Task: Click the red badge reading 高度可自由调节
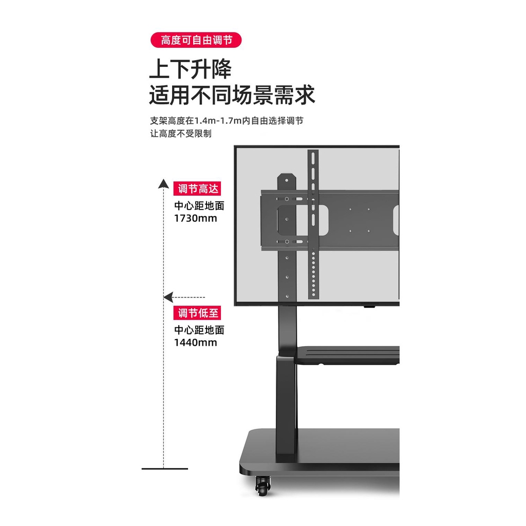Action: (x=196, y=40)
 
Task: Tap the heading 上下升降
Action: (x=190, y=69)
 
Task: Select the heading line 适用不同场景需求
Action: (x=232, y=95)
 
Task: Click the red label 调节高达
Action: (x=197, y=189)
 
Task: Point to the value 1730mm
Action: (x=196, y=218)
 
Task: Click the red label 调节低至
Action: (x=197, y=313)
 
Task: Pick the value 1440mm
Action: (x=196, y=343)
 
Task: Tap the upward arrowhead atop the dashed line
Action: (x=163, y=183)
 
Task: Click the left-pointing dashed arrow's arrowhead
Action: (x=168, y=297)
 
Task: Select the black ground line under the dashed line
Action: (x=165, y=468)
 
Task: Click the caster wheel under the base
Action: (x=262, y=486)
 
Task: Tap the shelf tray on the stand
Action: (x=347, y=355)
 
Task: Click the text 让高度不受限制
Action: (x=181, y=134)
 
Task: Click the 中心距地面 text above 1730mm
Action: (x=199, y=205)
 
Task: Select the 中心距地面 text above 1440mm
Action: (x=199, y=330)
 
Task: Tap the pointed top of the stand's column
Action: (x=287, y=175)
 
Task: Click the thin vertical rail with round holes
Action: (x=313, y=224)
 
